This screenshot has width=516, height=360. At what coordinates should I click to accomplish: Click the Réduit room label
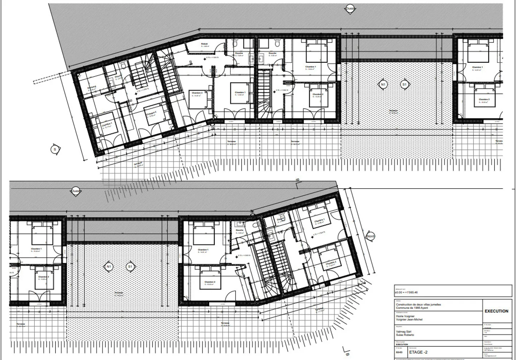pyautogui.click(x=204, y=44)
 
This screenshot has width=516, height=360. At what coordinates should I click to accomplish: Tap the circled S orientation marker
pyautogui.click(x=55, y=149)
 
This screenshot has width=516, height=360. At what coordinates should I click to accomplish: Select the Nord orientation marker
pyautogui.click(x=371, y=237)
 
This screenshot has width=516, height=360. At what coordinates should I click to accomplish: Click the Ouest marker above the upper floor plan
pyautogui.click(x=350, y=9)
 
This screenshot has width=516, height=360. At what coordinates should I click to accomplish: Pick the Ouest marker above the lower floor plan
pyautogui.click(x=76, y=191)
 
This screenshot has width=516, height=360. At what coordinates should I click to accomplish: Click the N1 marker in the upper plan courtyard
pyautogui.click(x=383, y=85)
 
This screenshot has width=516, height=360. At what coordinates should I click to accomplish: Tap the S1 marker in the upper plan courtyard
pyautogui.click(x=404, y=85)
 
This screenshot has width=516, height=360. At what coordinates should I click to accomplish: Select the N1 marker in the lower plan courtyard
pyautogui.click(x=109, y=267)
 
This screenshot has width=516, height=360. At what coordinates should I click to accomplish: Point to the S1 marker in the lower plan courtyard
pyautogui.click(x=130, y=267)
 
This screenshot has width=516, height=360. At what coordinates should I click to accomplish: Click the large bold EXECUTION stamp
pyautogui.click(x=496, y=311)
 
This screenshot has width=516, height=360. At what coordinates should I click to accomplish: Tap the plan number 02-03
pyautogui.click(x=399, y=352)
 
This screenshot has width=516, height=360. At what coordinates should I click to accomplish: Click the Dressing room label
pyautogui.click(x=92, y=87)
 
